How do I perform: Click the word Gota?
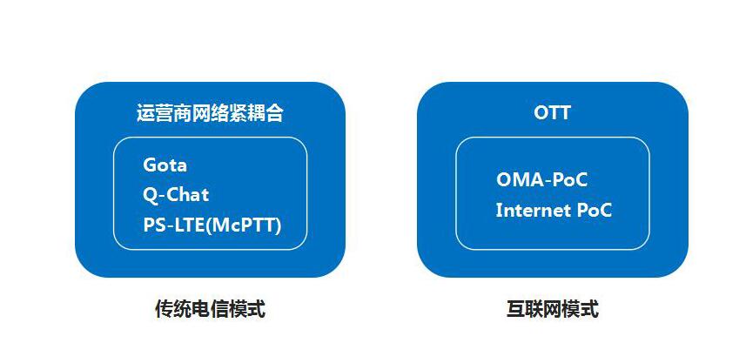(x=165, y=165)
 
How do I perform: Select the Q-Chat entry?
(x=176, y=195)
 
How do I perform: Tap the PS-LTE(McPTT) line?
(x=212, y=225)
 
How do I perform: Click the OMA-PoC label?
(x=542, y=180)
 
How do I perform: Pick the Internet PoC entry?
(x=554, y=211)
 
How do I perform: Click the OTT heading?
(x=552, y=113)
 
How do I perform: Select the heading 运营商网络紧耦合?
(x=210, y=114)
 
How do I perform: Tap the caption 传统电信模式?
(x=210, y=309)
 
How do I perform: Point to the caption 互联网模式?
(x=553, y=309)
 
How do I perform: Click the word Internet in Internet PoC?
(x=532, y=211)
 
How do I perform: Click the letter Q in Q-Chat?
(x=150, y=195)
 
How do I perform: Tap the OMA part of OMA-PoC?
(x=519, y=180)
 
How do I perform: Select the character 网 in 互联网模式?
(x=553, y=309)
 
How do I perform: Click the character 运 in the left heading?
(x=145, y=114)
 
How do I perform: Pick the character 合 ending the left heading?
(x=274, y=114)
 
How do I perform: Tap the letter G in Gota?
(x=150, y=165)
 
